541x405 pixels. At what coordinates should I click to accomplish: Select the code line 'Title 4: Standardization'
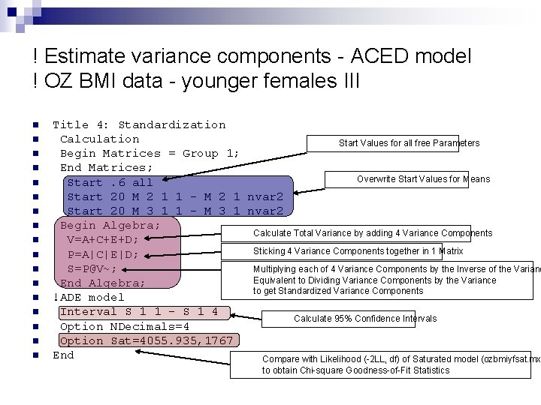tap(138, 124)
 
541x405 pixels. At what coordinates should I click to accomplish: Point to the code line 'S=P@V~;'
tap(92, 268)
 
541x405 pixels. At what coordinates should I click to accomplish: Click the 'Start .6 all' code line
tap(110, 182)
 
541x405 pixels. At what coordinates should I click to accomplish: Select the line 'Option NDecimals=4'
tap(124, 326)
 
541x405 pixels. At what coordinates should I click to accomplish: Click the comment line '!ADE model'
tap(88, 297)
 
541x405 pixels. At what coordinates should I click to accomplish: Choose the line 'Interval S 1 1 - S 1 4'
tap(138, 311)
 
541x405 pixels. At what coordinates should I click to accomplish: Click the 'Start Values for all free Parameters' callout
tap(409, 142)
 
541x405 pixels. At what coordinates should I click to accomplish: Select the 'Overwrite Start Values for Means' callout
tap(423, 178)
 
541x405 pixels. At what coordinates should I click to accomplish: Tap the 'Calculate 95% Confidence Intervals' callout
tap(364, 318)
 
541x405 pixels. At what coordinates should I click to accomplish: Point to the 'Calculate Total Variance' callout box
tap(372, 233)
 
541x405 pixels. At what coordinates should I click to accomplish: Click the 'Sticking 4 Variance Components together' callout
tap(358, 251)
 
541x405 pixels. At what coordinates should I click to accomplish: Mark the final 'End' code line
tap(63, 355)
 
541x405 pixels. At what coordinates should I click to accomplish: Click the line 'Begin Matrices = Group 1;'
tap(150, 153)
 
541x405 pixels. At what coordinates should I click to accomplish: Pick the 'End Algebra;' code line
tap(102, 283)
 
